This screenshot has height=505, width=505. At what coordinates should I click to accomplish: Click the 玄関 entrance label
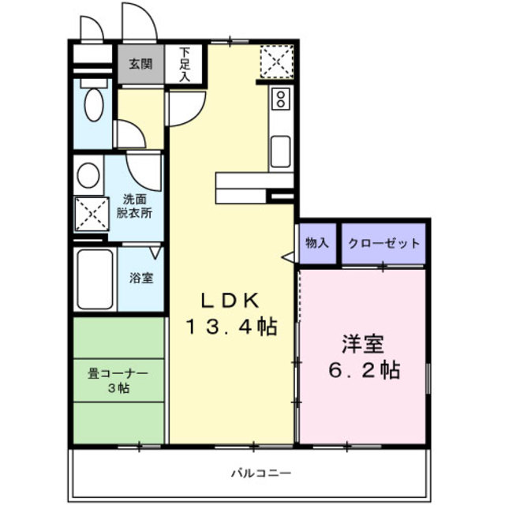tap(141, 64)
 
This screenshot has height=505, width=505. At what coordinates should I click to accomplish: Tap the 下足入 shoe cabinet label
tap(185, 65)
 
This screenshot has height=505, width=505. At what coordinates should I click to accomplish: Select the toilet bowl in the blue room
tap(93, 103)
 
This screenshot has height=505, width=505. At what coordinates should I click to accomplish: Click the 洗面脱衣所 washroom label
tap(135, 206)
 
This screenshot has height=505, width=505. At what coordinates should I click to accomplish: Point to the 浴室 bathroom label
tap(141, 279)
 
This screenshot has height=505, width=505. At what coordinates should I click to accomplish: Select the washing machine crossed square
tap(90, 212)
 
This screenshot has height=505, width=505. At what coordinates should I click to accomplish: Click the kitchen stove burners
tap(280, 100)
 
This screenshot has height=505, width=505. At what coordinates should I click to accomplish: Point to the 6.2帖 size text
tap(363, 369)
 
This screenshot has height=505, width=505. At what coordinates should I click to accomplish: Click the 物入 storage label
tap(317, 244)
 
